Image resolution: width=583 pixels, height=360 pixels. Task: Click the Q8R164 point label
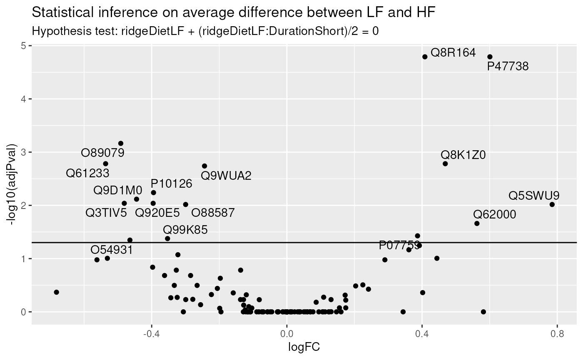coord(453,53)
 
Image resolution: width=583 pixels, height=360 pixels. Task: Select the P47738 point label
coord(508,66)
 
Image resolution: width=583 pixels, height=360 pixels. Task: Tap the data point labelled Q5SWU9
coord(552,204)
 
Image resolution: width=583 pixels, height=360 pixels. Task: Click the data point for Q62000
coord(477,223)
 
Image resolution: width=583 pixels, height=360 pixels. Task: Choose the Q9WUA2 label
coord(226,176)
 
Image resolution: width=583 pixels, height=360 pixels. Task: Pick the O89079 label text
coord(103,153)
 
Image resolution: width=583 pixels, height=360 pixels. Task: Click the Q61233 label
coord(88,173)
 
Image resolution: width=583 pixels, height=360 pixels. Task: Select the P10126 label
coord(172,184)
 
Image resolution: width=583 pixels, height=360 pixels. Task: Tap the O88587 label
coord(213,213)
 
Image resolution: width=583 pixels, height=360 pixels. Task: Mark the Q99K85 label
coord(185,230)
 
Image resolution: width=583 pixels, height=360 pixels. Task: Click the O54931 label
coord(112,250)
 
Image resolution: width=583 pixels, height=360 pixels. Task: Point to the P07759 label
coord(399,246)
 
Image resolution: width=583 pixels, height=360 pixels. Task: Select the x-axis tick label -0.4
coord(151,334)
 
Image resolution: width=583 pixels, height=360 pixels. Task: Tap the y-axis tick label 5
coord(24,46)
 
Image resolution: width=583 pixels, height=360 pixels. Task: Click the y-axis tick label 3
coord(24,152)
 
